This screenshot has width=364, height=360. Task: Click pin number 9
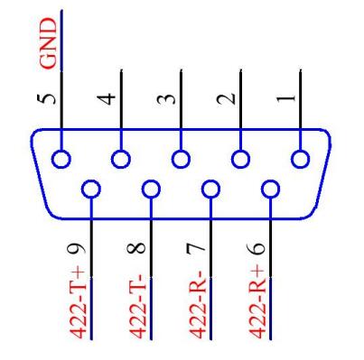tap(83, 245)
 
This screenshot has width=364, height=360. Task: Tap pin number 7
tap(201, 245)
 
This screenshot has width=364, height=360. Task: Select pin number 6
tap(260, 245)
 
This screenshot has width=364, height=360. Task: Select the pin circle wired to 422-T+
tap(91, 190)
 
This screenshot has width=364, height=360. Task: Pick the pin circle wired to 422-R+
tap(269, 190)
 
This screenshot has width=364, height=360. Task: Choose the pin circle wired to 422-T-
tap(152, 190)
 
